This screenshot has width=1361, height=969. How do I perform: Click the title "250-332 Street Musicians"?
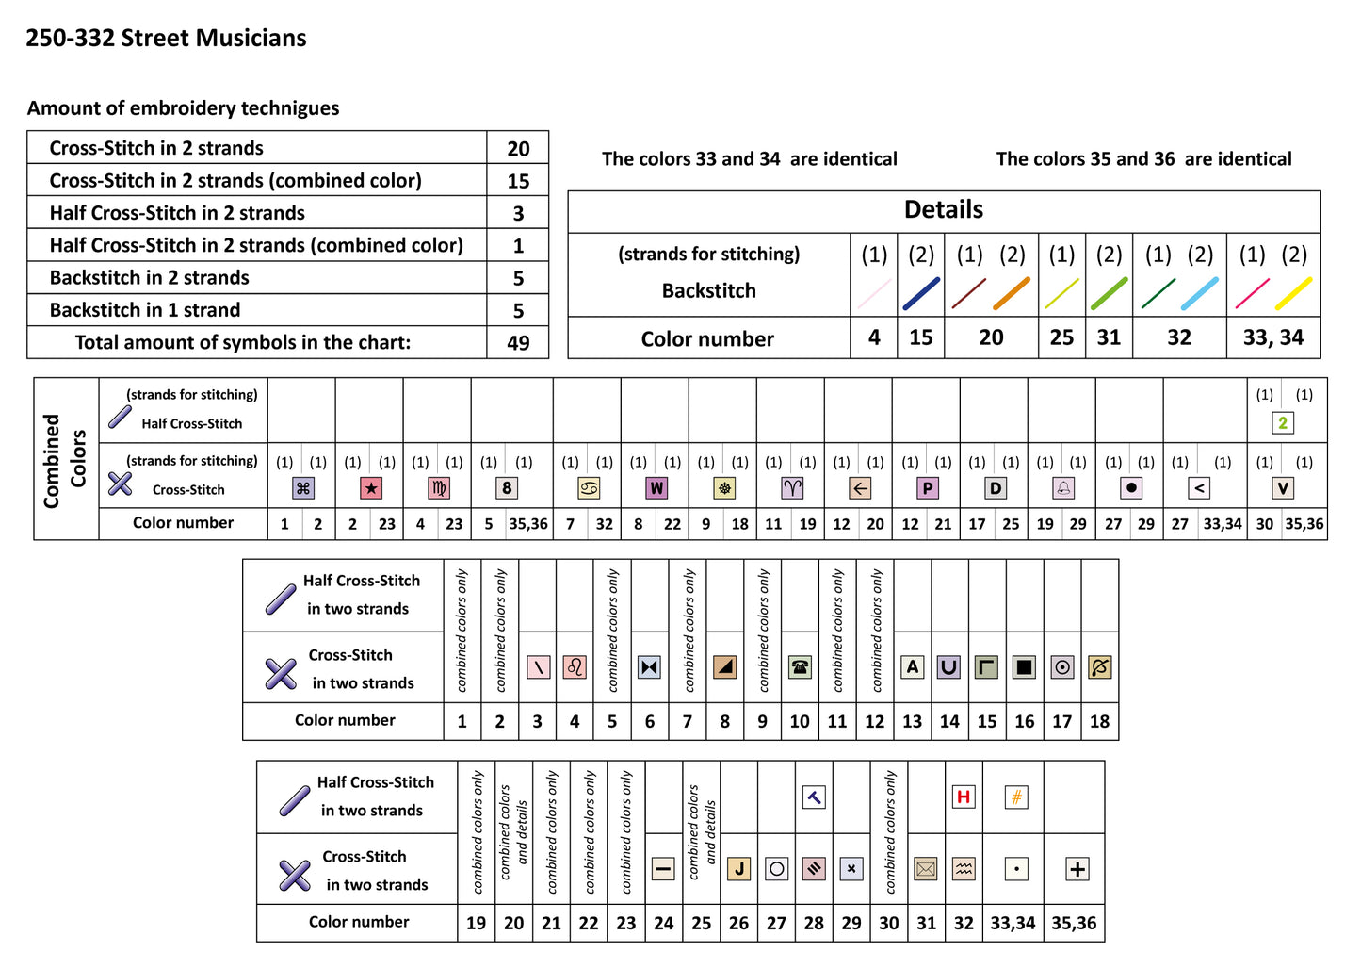(x=166, y=39)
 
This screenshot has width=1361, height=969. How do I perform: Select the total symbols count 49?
(x=518, y=343)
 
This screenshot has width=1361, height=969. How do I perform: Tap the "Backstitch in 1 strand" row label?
(x=145, y=310)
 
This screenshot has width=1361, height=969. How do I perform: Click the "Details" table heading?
(x=944, y=210)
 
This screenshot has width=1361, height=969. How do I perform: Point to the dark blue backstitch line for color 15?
(x=921, y=293)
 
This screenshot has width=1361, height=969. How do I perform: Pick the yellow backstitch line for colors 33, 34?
(x=1294, y=293)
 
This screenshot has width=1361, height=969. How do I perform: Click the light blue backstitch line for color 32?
(x=1200, y=293)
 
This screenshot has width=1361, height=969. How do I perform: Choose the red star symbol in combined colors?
(x=371, y=488)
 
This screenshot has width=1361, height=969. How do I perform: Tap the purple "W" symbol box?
(x=656, y=488)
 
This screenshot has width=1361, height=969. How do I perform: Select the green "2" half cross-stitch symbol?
(x=1283, y=423)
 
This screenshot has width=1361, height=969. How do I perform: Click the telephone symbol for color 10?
(x=800, y=667)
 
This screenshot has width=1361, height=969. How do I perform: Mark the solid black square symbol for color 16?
(x=1025, y=667)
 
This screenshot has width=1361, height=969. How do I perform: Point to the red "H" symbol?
(x=964, y=797)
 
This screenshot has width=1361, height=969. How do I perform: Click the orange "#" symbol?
(x=1016, y=797)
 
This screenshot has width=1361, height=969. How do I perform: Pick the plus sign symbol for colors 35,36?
(x=1077, y=869)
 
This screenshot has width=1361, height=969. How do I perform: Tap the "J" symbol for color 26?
(x=739, y=869)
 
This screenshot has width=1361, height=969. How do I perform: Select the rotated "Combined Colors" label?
(x=65, y=460)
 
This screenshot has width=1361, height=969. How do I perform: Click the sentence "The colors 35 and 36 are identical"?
(x=1143, y=159)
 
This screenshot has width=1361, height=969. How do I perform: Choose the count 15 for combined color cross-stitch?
(x=518, y=181)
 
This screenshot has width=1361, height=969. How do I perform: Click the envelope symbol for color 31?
(x=926, y=869)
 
